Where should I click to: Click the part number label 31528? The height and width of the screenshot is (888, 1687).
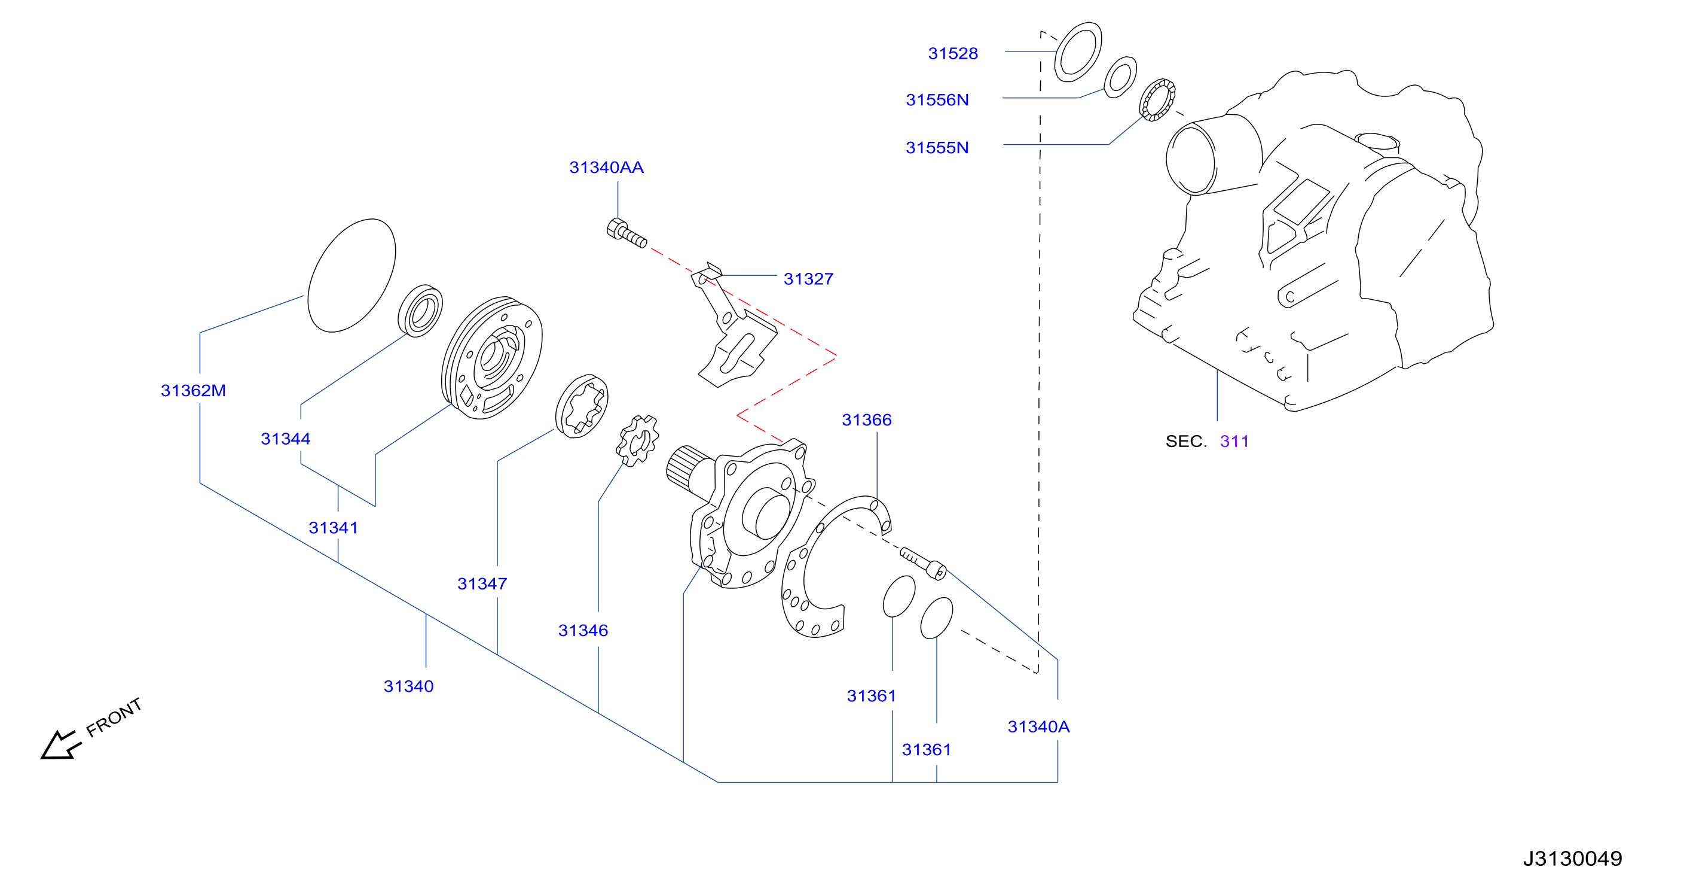[953, 53]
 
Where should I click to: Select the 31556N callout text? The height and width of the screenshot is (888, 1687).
[937, 99]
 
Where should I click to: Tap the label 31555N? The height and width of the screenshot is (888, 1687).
[937, 147]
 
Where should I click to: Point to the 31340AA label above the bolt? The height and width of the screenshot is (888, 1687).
[606, 167]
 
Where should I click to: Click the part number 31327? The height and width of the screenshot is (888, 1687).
[809, 278]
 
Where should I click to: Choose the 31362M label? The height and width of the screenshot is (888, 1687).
[193, 391]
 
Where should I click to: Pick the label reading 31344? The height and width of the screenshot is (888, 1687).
[286, 439]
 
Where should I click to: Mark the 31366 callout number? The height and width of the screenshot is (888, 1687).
[866, 419]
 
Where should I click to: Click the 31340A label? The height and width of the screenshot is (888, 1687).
[1038, 726]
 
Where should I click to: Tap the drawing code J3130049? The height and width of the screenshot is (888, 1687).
[1572, 858]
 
